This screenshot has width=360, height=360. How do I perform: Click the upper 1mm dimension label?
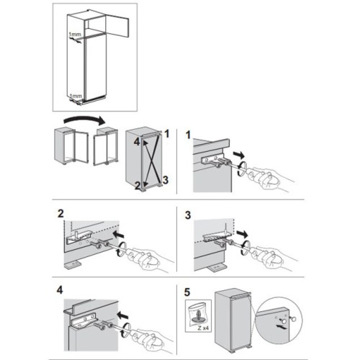coord(75,35)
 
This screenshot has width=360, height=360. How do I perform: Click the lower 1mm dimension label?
coord(76,96)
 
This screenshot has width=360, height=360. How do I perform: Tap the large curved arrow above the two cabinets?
coord(84,120)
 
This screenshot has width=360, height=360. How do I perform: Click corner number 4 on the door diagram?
coord(137,142)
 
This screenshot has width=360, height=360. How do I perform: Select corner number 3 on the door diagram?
coord(166,180)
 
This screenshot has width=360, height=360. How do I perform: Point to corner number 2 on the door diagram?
coord(138,185)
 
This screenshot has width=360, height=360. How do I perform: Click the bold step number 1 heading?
coord(189,135)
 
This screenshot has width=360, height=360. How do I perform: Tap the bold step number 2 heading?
coord(60,214)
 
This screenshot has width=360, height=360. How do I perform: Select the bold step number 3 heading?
coord(188,215)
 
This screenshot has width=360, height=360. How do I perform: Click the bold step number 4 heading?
coord(60,290)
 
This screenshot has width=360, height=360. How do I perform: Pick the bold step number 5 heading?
coord(187,292)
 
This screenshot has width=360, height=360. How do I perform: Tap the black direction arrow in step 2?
coord(120,233)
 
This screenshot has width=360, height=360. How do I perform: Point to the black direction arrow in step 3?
coord(242,233)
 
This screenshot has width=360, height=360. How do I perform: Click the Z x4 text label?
coord(203,328)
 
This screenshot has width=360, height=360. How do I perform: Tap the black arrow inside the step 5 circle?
coord(281,327)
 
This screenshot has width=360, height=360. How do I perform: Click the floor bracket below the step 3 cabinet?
coord(217,268)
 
